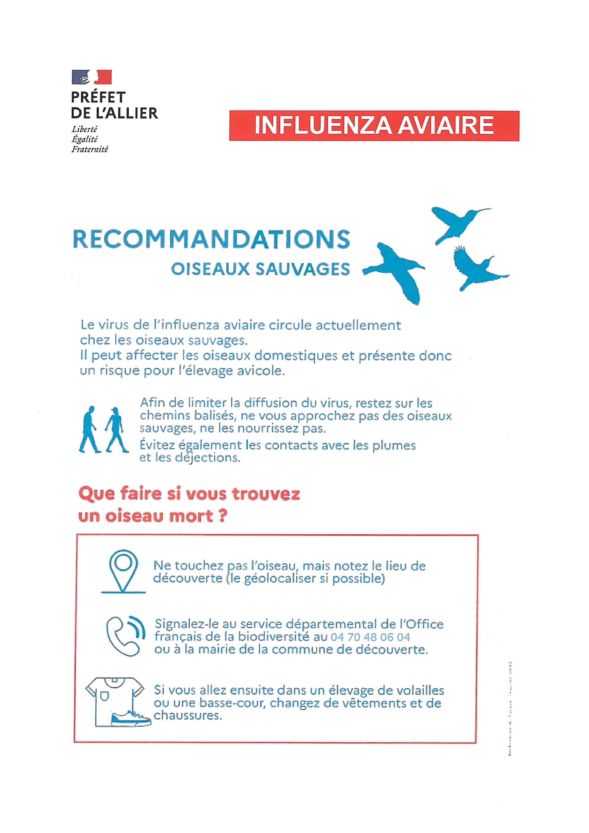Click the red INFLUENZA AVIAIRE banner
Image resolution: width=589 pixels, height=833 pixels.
[x=374, y=125]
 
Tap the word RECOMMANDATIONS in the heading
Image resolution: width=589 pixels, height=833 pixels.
[x=211, y=239]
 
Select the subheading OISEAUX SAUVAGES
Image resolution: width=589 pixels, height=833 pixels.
[x=260, y=269]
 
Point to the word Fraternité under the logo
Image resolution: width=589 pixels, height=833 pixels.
[x=90, y=149]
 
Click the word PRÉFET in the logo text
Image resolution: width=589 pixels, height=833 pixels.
[x=98, y=97]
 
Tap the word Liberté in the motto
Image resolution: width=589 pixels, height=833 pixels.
[x=85, y=129]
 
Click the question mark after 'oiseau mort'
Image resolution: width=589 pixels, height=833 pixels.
[x=222, y=516]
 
